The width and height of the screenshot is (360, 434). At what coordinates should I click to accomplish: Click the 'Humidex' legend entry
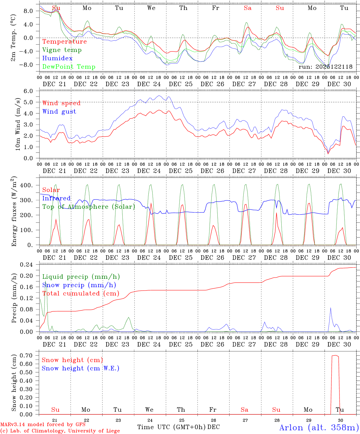click(x=57, y=58)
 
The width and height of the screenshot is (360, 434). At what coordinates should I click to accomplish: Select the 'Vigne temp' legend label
click(x=62, y=50)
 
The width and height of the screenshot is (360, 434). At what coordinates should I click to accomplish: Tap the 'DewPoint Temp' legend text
click(x=69, y=67)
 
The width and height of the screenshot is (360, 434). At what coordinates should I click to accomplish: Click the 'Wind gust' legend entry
click(x=59, y=112)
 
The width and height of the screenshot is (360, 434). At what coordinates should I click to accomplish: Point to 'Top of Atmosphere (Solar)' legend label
click(x=89, y=207)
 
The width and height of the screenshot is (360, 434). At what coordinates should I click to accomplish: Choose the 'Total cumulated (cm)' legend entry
click(x=81, y=294)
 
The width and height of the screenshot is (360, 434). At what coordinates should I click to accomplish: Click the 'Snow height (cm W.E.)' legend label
click(x=81, y=368)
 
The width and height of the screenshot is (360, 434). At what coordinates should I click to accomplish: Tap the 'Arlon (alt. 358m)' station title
click(x=319, y=427)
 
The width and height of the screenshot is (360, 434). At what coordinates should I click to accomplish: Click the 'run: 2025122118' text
click(x=325, y=67)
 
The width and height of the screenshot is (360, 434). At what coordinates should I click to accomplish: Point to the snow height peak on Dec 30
click(x=335, y=355)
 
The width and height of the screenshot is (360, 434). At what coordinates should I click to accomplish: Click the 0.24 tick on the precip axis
click(x=27, y=265)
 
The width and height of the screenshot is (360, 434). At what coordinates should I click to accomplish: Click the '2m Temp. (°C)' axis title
click(x=13, y=38)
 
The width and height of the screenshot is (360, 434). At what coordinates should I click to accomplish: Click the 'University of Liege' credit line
click(x=60, y=431)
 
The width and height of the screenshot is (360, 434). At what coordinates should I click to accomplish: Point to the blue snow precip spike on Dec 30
click(x=330, y=308)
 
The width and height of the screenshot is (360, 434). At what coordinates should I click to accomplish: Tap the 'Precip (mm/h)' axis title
click(x=14, y=298)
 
